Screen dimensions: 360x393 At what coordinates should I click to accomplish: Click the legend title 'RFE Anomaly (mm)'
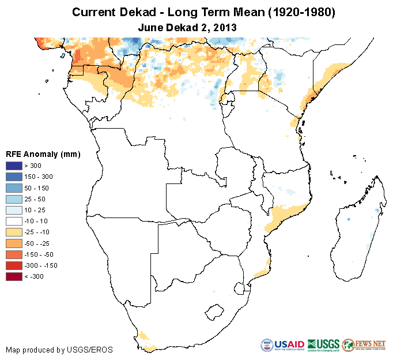coord(43,155)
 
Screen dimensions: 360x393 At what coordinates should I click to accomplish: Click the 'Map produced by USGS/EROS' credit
coord(59,350)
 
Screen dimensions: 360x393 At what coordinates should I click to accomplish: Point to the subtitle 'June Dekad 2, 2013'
coord(188,27)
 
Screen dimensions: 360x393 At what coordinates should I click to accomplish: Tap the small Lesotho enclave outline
coord(214,312)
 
